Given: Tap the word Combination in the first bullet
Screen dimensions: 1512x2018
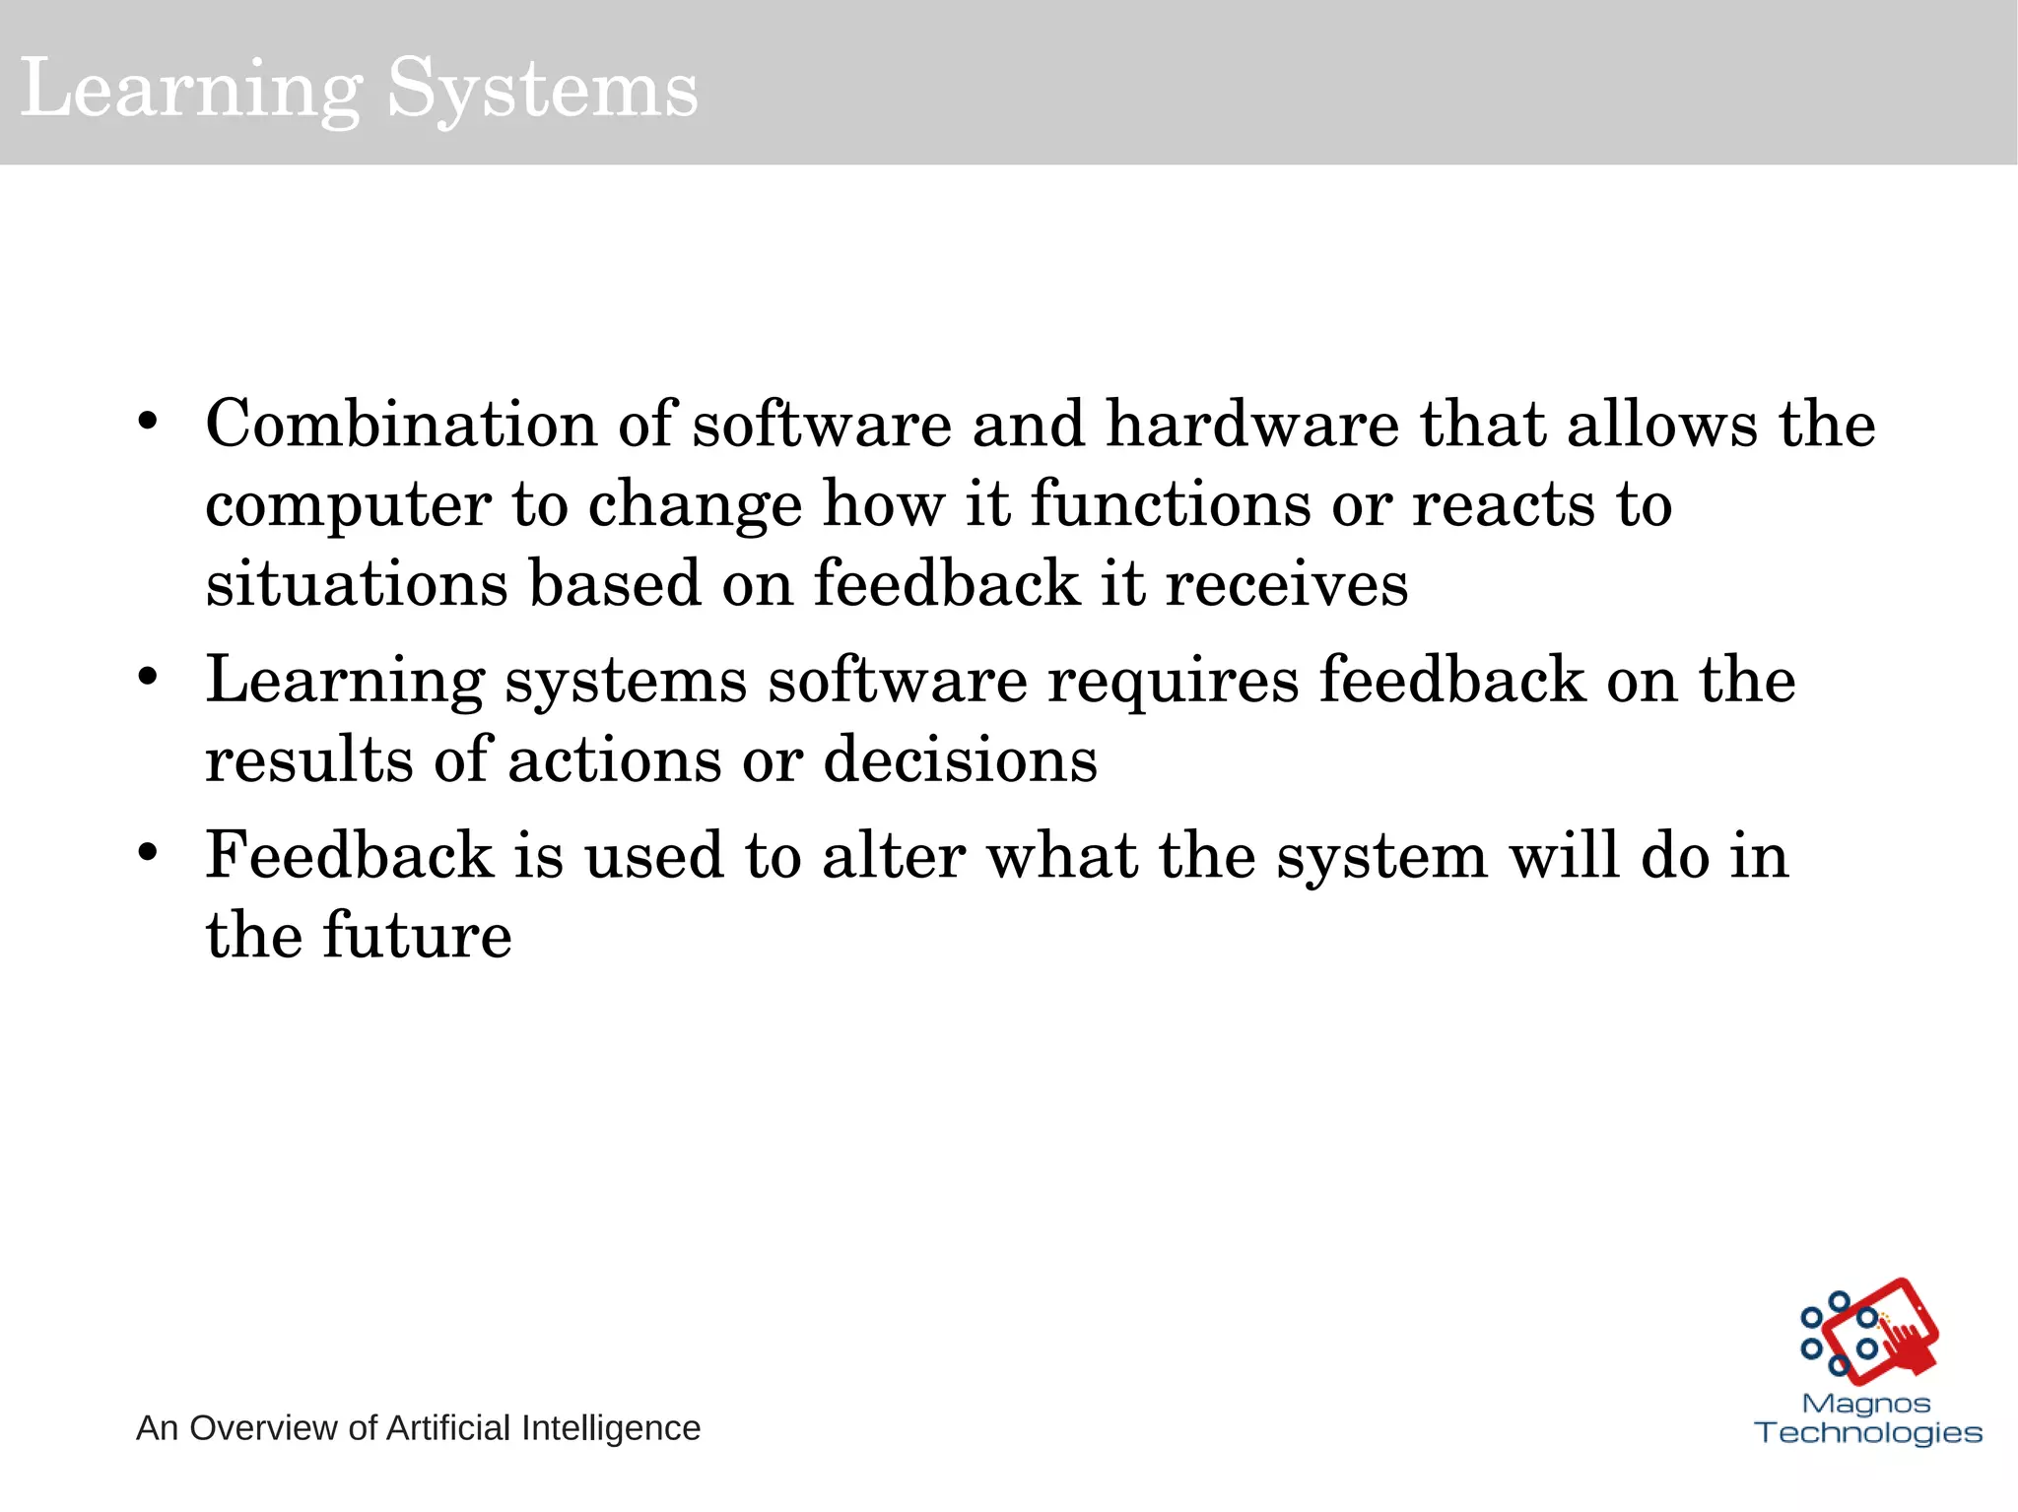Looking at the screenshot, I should [401, 426].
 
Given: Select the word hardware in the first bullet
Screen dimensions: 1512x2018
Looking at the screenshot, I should [1252, 426].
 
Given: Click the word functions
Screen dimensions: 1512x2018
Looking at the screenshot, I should [1171, 504].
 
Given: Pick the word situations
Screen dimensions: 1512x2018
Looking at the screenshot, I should [357, 583].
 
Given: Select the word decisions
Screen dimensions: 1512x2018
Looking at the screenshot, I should [960, 760].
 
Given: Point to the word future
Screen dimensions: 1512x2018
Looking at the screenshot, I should [417, 935].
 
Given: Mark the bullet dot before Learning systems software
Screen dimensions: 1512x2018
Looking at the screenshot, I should [148, 678].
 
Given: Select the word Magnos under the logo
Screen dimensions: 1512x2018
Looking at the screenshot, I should [1866, 1403].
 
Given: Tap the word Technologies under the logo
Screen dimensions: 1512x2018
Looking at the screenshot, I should [1868, 1432].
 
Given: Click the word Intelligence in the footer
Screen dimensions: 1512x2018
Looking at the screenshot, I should [610, 1428].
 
